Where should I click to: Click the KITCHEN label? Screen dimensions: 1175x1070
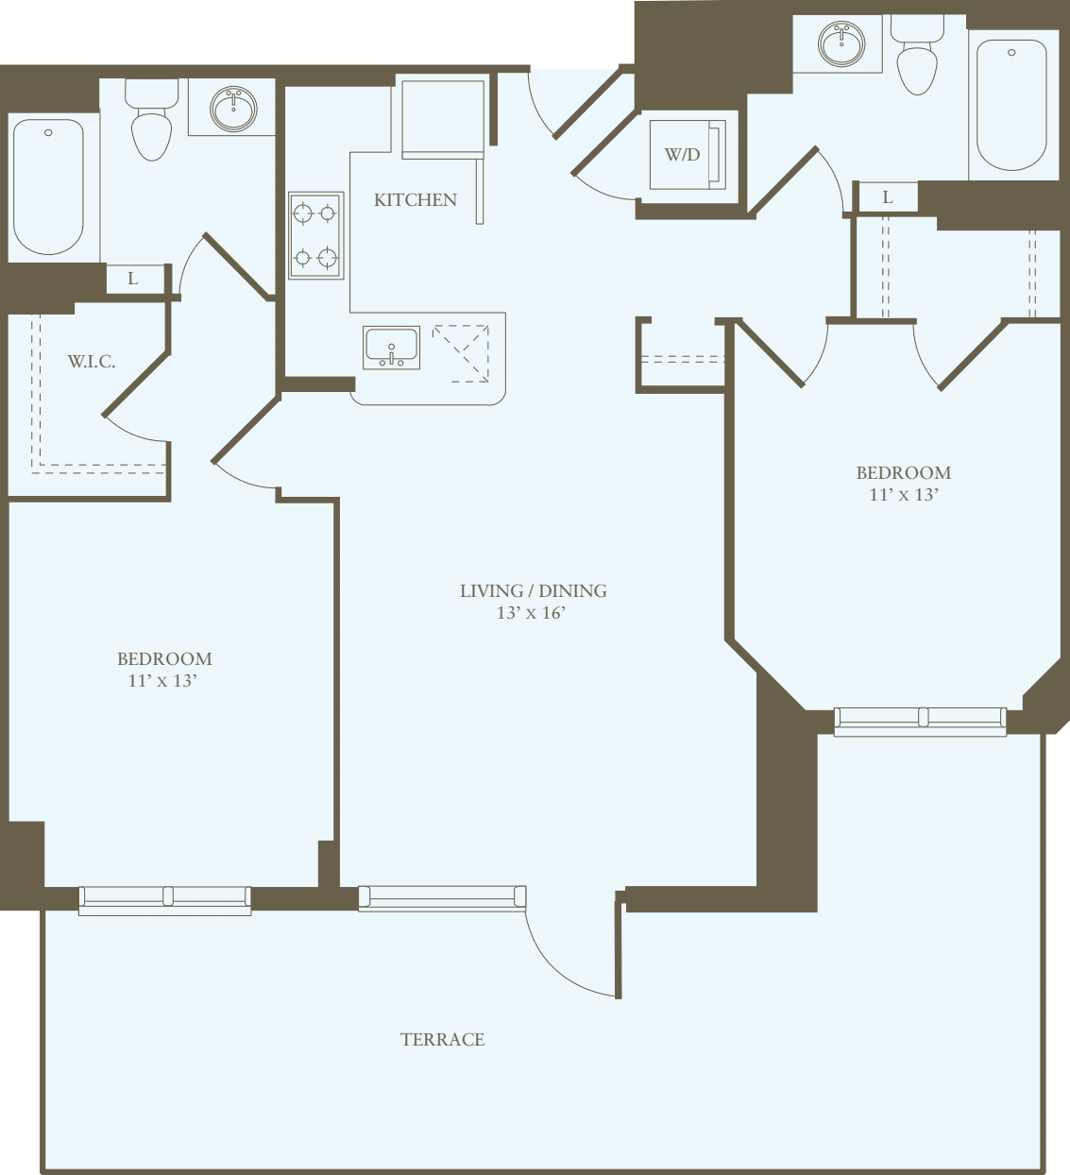[x=415, y=200]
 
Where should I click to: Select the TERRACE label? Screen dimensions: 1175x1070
[x=442, y=1040]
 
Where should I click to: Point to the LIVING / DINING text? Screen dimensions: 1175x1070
[x=533, y=591]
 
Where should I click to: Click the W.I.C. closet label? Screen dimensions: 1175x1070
[x=92, y=362]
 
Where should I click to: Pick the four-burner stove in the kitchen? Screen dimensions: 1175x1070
[x=315, y=235]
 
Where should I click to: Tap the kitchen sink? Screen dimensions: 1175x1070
[x=391, y=348]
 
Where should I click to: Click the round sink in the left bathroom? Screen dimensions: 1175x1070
[x=233, y=109]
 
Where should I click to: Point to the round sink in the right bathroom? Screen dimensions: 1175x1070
[x=841, y=44]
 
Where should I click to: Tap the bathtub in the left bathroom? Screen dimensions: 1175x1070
[x=48, y=186]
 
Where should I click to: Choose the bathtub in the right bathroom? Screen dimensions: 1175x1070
[x=1011, y=104]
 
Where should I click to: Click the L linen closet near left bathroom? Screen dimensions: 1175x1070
[x=133, y=279]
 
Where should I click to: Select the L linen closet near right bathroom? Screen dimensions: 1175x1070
[x=887, y=197]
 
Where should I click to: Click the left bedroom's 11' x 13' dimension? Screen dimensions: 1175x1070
[x=162, y=681]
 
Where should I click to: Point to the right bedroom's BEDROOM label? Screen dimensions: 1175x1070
[x=903, y=473]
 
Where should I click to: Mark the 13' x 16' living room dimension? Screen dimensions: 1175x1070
[x=531, y=613]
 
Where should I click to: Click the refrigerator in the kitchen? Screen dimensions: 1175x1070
[x=443, y=119]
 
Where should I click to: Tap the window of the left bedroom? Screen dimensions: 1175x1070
[x=165, y=899]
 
